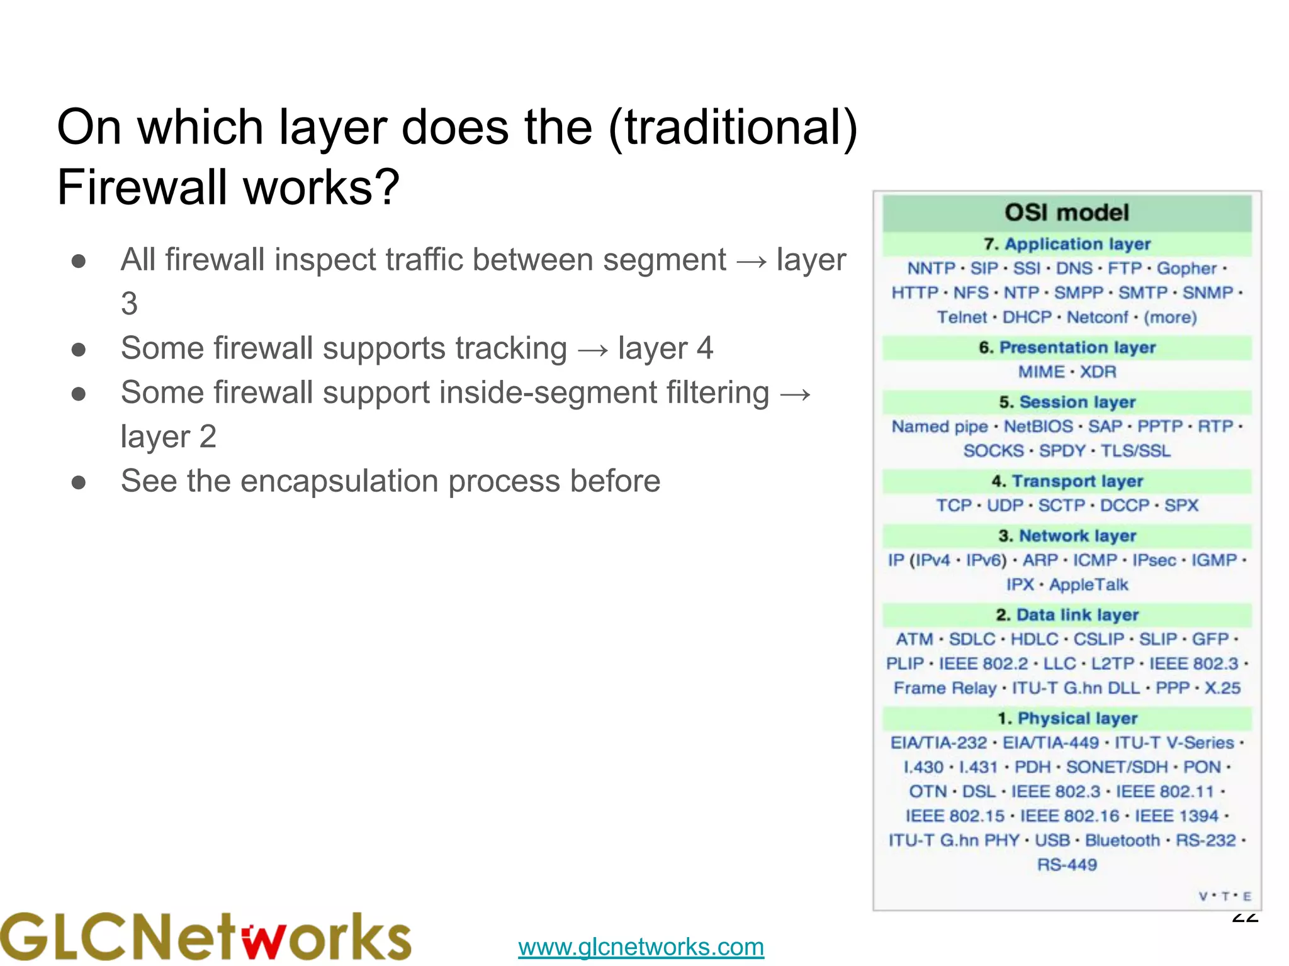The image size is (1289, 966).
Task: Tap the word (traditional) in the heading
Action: tap(733, 128)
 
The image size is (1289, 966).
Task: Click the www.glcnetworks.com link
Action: tap(641, 947)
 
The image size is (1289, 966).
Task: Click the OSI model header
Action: tap(1067, 213)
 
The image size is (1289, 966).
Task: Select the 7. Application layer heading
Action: tap(1067, 244)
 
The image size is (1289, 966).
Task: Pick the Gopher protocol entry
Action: tap(1186, 269)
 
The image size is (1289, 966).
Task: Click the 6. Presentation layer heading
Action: tap(1067, 348)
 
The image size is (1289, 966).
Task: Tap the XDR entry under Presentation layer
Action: tap(1098, 372)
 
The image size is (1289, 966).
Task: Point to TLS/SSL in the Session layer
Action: tap(1135, 451)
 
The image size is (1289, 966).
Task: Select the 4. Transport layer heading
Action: tap(1067, 481)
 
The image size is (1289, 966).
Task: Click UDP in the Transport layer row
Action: tap(1005, 506)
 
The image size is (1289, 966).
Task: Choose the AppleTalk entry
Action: tap(1089, 585)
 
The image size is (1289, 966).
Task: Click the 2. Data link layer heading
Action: tap(1067, 615)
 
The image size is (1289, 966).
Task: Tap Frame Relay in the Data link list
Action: tap(945, 688)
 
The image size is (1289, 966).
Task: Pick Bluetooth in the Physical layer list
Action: tap(1122, 841)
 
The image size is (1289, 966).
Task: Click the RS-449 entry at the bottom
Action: tap(1067, 865)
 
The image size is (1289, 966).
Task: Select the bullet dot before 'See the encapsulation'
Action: tap(79, 482)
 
